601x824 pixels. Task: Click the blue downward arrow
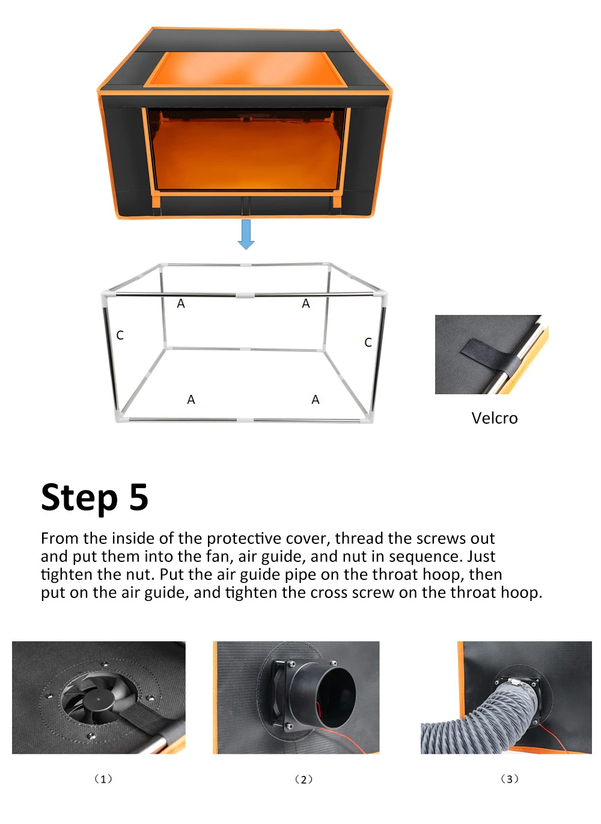click(x=246, y=234)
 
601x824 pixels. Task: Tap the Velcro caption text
click(x=495, y=418)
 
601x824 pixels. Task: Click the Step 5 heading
click(x=95, y=498)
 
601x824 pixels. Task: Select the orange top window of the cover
click(x=245, y=69)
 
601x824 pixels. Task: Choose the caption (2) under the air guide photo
click(x=304, y=779)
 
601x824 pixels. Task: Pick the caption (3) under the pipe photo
click(x=510, y=779)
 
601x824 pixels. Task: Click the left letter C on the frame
click(x=120, y=335)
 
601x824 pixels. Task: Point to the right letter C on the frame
click(x=368, y=343)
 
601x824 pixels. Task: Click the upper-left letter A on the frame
click(x=181, y=304)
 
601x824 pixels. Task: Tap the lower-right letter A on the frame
click(x=316, y=400)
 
